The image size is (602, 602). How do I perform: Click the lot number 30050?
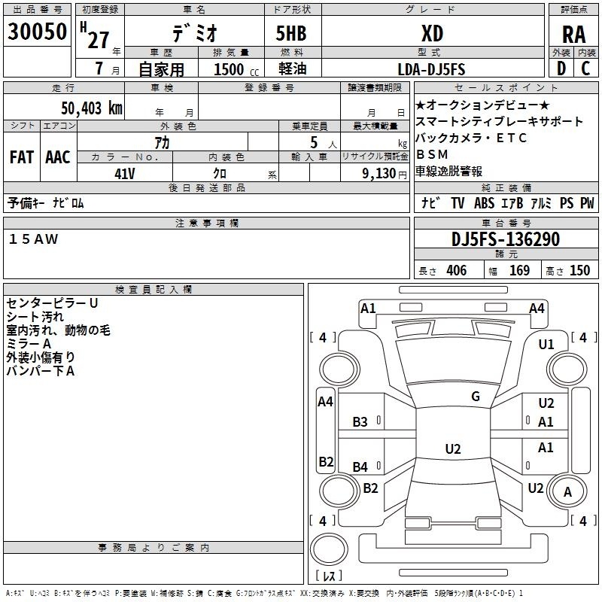click(x=37, y=32)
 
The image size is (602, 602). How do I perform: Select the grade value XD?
click(x=432, y=33)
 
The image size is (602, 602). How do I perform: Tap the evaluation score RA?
click(x=574, y=35)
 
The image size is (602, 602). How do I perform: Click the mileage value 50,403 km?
click(x=92, y=108)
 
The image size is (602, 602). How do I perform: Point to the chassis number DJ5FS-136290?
click(x=506, y=239)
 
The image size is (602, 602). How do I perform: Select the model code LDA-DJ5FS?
click(x=431, y=69)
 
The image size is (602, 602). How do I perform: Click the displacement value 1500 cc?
click(x=236, y=69)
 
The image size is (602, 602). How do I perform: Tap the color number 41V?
click(x=125, y=174)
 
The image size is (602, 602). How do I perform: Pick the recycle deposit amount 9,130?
click(x=379, y=174)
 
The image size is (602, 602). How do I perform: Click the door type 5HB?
click(x=291, y=33)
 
